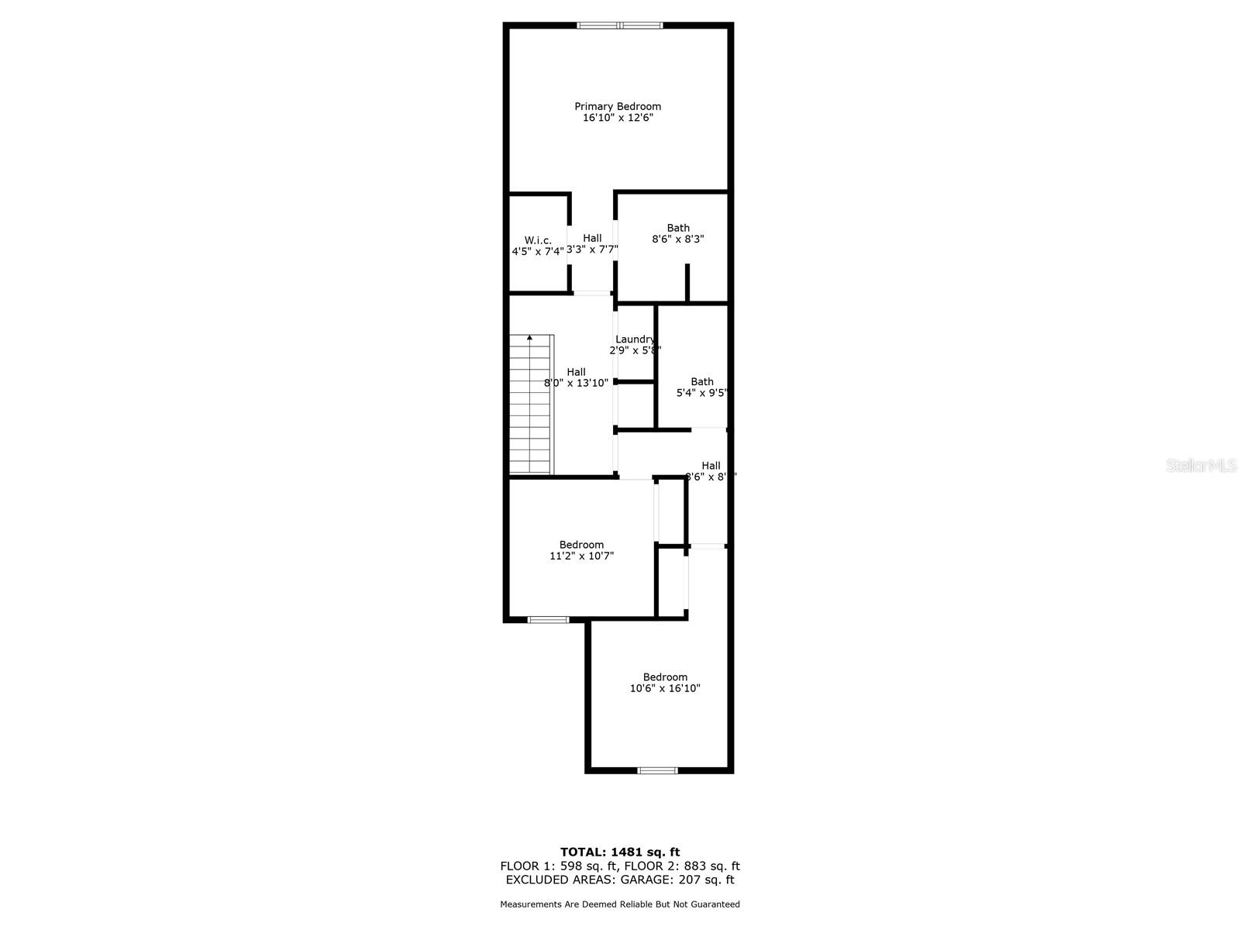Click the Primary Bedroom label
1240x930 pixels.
618,106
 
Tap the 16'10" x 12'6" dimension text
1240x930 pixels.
618,118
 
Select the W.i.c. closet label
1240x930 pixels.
538,240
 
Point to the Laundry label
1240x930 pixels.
635,339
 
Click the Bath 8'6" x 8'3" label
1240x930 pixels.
678,233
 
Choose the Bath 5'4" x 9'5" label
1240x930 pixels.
702,387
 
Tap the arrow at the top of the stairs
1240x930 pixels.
530,338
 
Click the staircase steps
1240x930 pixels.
531,407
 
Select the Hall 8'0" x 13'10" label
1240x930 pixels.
576,377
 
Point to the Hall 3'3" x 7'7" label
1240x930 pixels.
592,243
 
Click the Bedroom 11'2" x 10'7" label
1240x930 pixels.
581,550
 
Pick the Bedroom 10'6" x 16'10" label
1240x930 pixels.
665,683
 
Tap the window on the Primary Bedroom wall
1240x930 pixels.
620,26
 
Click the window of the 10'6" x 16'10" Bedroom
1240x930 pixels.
657,770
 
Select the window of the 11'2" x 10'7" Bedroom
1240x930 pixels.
548,619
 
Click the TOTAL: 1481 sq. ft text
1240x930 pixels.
620,852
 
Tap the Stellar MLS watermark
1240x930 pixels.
1202,466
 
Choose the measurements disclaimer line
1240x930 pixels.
620,904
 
